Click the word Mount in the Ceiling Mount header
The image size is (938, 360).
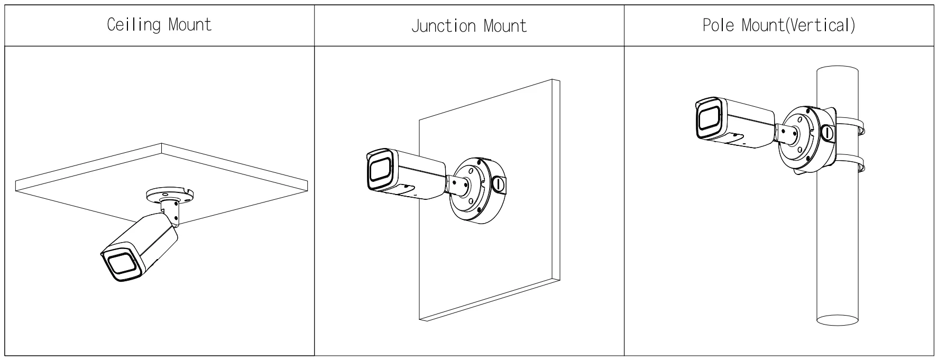[190, 24]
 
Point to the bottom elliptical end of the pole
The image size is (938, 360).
[837, 319]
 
